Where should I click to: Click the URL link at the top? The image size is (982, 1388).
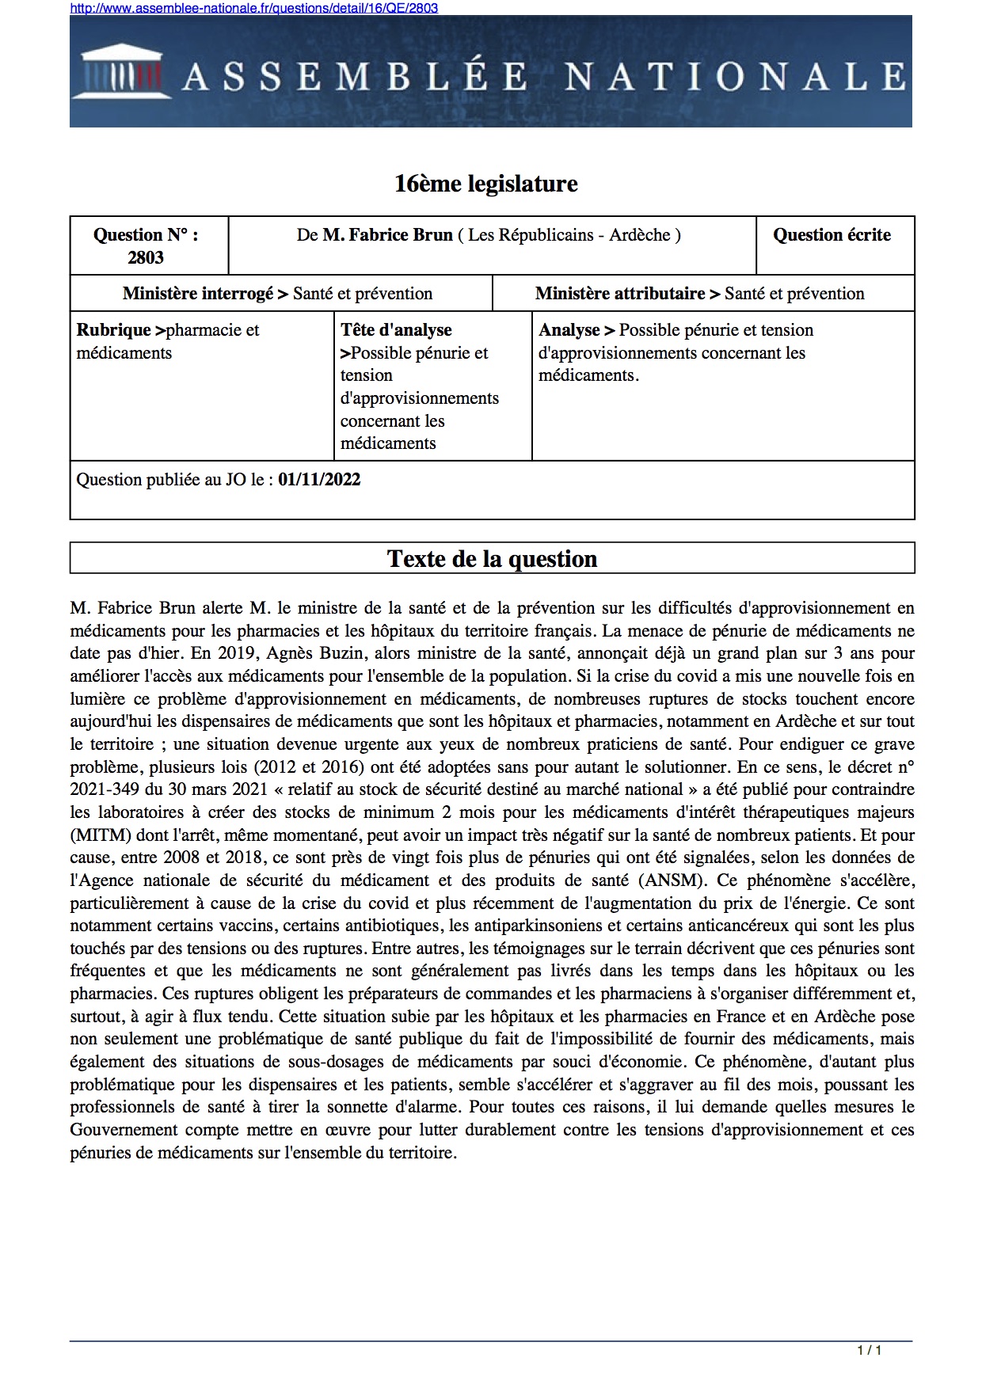click(x=253, y=8)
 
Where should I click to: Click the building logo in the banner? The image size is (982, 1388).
click(x=122, y=72)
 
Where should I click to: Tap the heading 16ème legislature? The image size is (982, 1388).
click(x=485, y=184)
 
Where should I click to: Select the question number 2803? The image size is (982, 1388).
click(x=146, y=257)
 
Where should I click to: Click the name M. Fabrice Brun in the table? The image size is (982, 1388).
click(x=387, y=235)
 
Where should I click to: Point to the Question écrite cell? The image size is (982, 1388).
click(x=832, y=235)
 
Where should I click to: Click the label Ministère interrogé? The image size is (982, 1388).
click(x=198, y=294)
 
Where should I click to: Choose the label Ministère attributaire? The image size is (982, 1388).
click(x=620, y=294)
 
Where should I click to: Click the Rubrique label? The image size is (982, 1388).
click(x=113, y=330)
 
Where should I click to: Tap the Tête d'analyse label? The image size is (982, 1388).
click(x=396, y=330)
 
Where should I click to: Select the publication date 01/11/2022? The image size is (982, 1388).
click(x=319, y=480)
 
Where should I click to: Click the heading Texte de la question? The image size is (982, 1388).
click(x=492, y=559)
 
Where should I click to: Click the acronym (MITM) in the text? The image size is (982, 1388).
click(x=101, y=835)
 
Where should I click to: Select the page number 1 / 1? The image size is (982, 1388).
click(x=869, y=1351)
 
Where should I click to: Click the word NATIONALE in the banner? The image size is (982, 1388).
click(x=735, y=77)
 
